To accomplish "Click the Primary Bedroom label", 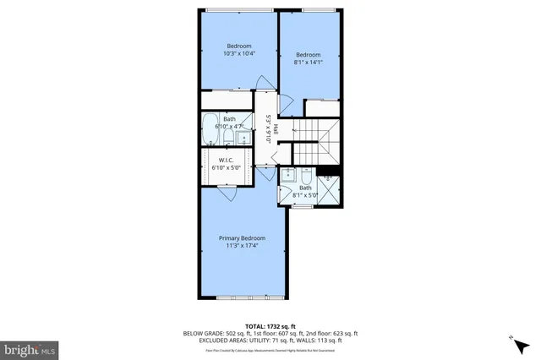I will point(243,238).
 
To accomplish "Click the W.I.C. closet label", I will point(226,160).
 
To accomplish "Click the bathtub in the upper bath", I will point(210,131).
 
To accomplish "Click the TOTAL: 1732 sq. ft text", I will point(270,325).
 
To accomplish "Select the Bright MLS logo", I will point(30,347).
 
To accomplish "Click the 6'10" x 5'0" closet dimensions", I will point(226,167).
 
